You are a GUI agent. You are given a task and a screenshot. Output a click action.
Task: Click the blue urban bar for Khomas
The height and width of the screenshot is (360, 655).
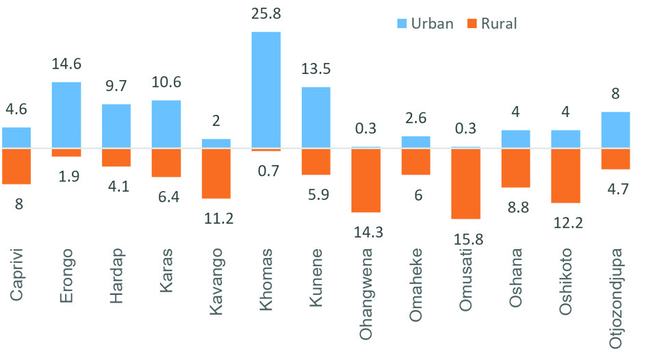click(266, 90)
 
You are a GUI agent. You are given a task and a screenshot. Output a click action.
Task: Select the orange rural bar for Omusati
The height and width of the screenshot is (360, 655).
click(465, 183)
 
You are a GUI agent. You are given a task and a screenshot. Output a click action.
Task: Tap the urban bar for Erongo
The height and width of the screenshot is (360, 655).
click(66, 114)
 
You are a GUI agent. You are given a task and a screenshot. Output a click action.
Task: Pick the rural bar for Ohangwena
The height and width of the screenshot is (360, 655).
click(365, 180)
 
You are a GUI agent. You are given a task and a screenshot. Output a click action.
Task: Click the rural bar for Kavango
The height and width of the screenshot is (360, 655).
click(216, 173)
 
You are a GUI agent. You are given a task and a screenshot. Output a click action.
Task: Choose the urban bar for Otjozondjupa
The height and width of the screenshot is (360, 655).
click(615, 129)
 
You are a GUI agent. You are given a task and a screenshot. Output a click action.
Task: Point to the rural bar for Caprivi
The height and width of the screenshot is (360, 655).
click(16, 166)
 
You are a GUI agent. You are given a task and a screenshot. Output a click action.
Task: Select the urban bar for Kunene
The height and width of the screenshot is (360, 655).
click(316, 117)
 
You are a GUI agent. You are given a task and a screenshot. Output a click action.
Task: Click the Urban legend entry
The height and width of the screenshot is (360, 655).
click(424, 24)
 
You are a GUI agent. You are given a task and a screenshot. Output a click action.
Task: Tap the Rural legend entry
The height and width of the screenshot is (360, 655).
click(491, 24)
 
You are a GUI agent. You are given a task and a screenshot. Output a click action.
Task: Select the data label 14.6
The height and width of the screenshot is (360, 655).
click(66, 64)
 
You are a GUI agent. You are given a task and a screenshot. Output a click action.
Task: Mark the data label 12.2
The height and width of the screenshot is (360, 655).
click(565, 224)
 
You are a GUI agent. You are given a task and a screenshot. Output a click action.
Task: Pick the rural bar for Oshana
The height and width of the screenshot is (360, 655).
click(515, 168)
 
